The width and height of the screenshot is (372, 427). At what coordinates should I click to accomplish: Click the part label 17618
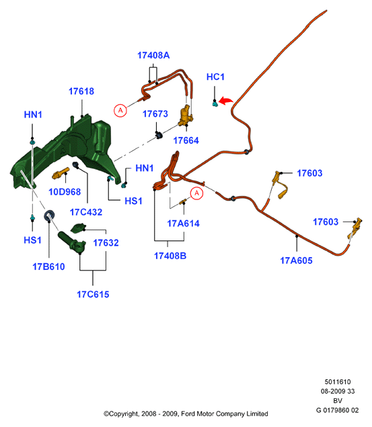pos(81,91)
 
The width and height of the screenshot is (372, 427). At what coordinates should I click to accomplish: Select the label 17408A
pos(153,55)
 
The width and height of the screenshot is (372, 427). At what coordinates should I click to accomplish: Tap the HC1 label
pos(215,77)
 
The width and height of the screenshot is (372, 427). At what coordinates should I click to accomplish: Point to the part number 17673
pos(155,114)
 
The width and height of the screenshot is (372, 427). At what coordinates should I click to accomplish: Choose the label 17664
pos(186,140)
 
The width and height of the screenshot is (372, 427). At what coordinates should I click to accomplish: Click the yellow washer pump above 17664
pos(186,115)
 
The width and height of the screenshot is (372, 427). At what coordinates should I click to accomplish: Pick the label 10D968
pos(65,192)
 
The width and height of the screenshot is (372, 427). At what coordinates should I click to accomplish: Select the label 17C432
pos(86,212)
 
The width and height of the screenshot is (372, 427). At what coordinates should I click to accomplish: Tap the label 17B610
pos(48,267)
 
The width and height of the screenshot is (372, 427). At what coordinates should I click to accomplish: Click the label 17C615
pos(93,294)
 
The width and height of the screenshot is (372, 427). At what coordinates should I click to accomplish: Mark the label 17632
pos(106,242)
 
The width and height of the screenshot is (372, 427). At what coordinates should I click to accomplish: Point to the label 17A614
pos(183,224)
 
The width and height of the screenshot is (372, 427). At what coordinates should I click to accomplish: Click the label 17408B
pos(170,256)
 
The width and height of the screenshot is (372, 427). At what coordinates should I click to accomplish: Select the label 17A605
pos(296,260)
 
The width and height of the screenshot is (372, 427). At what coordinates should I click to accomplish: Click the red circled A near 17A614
pos(196,193)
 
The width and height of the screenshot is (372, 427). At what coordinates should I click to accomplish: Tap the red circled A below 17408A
pos(120,110)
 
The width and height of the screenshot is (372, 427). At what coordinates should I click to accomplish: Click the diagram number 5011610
pos(338,382)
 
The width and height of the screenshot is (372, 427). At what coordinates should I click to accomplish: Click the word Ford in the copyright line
pos(188,414)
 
